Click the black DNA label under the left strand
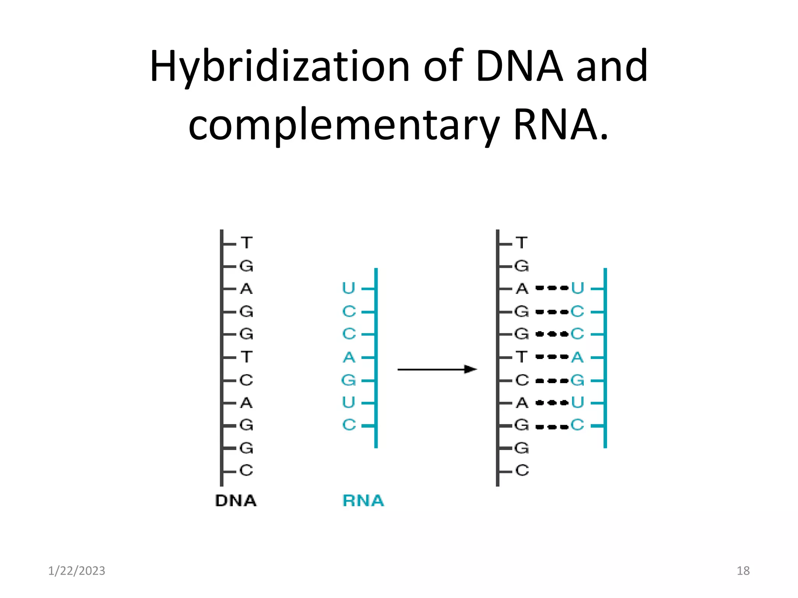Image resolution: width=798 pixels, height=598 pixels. (x=236, y=501)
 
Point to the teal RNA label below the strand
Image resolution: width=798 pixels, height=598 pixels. (x=363, y=501)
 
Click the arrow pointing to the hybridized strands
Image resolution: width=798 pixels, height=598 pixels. (x=437, y=369)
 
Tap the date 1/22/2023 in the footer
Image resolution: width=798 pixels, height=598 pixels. (x=77, y=571)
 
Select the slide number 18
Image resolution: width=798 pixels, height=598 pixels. (x=743, y=571)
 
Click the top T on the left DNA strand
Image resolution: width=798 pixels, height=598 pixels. (x=246, y=243)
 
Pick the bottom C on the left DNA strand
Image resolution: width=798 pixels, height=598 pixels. (x=246, y=471)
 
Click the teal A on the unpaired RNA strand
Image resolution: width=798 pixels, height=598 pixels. (x=349, y=357)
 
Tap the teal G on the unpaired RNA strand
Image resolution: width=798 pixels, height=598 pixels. (x=349, y=380)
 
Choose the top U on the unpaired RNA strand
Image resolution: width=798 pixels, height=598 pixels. (x=349, y=288)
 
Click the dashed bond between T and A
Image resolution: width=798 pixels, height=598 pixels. (x=552, y=357)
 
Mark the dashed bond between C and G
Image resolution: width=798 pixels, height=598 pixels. (x=552, y=380)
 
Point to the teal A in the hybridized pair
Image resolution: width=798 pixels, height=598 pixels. (x=577, y=357)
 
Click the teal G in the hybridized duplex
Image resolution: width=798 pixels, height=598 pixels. (x=577, y=380)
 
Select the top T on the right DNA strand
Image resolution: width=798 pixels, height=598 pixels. (x=522, y=243)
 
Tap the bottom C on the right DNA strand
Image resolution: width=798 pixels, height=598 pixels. (x=522, y=471)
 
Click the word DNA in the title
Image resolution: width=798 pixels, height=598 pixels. (x=519, y=66)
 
